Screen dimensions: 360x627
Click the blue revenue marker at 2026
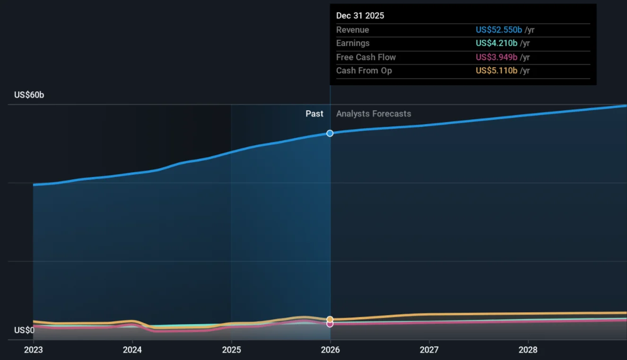[330, 133]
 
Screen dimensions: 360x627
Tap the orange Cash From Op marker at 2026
[330, 319]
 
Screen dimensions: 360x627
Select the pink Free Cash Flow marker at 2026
[330, 324]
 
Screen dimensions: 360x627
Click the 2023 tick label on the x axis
[33, 350]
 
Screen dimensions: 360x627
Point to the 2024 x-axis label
[132, 350]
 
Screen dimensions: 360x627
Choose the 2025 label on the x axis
[231, 350]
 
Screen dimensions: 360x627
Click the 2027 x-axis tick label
[429, 350]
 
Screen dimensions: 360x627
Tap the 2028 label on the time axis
[528, 350]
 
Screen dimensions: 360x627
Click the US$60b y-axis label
[29, 95]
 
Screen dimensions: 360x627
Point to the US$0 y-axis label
[24, 330]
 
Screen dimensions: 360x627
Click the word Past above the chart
[314, 114]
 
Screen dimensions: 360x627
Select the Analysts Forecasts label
[374, 114]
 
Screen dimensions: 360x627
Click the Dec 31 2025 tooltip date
[360, 16]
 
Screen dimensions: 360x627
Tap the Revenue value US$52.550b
[499, 30]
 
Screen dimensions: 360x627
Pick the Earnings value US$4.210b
[496, 43]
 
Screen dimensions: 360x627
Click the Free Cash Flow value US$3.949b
[496, 57]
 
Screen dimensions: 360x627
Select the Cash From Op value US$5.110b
[496, 70]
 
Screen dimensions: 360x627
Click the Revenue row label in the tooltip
[352, 30]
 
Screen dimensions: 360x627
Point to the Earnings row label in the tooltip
[353, 43]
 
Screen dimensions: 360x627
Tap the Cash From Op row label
[364, 70]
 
